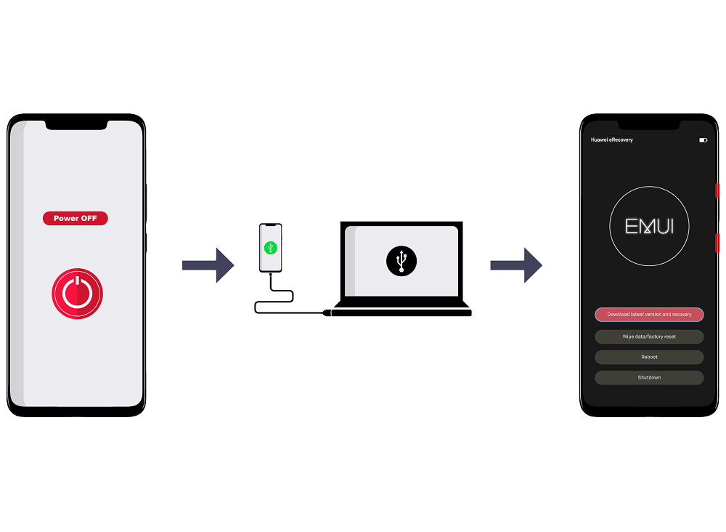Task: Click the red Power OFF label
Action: (76, 218)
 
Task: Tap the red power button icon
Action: (78, 294)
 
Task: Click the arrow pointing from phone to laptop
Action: (208, 265)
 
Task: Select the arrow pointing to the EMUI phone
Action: (516, 265)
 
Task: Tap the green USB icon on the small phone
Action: (270, 248)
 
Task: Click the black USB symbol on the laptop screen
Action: (401, 261)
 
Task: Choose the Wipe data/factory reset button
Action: (649, 337)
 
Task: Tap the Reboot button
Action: (649, 358)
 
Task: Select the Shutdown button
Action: (649, 378)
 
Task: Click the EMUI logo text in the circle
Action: (649, 226)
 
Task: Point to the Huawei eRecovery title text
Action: (611, 140)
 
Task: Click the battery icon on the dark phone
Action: (703, 140)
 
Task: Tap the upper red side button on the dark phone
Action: (717, 190)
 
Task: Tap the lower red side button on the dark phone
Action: (717, 243)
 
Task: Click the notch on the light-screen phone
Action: (76, 125)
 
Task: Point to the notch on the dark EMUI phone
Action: (649, 125)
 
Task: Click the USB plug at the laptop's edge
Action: (327, 313)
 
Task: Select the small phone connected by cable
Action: (270, 248)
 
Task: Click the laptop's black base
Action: (402, 309)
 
